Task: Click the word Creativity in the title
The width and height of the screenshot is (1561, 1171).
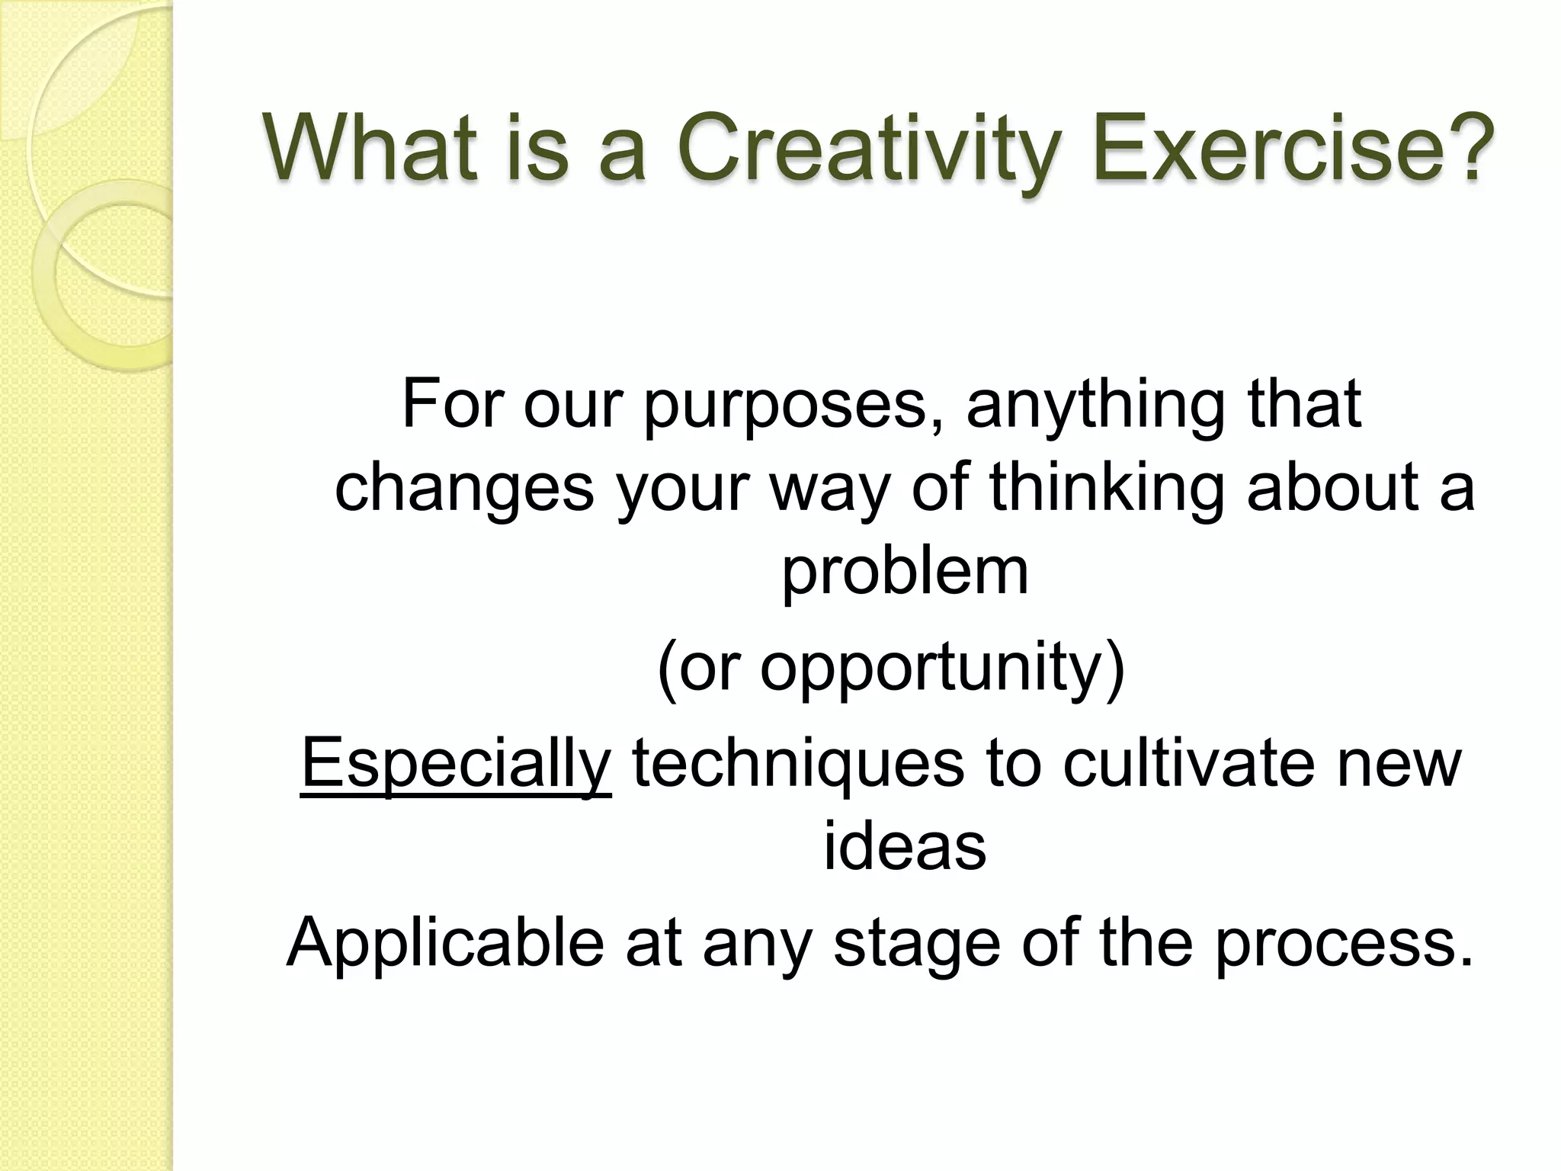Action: point(869,149)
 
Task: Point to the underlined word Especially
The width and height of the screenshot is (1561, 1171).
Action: point(456,765)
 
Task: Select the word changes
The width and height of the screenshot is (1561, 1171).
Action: point(464,490)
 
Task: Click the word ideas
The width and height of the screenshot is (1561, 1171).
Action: point(905,848)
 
